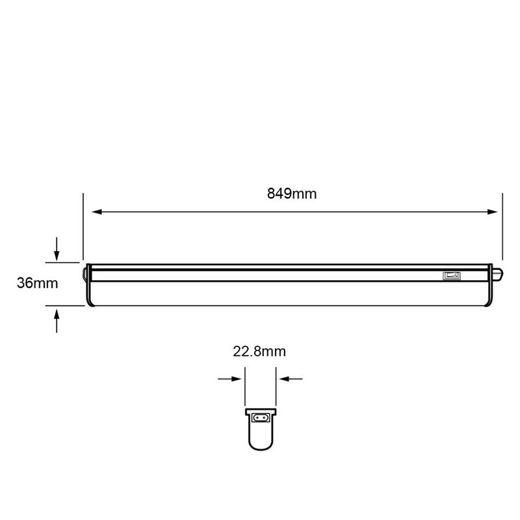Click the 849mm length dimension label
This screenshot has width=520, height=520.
pyautogui.click(x=292, y=194)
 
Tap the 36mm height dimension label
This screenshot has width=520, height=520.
pyautogui.click(x=37, y=283)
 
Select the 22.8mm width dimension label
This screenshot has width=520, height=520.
pyautogui.click(x=259, y=352)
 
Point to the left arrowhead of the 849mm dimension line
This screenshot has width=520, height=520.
pyautogui.click(x=96, y=212)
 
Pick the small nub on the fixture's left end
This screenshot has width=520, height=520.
pyautogui.click(x=84, y=273)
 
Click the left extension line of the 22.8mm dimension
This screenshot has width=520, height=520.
pyautogui.click(x=244, y=387)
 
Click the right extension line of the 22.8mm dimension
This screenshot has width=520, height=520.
pyautogui.click(x=276, y=387)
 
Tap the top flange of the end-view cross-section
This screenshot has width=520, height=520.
pyautogui.click(x=260, y=411)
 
